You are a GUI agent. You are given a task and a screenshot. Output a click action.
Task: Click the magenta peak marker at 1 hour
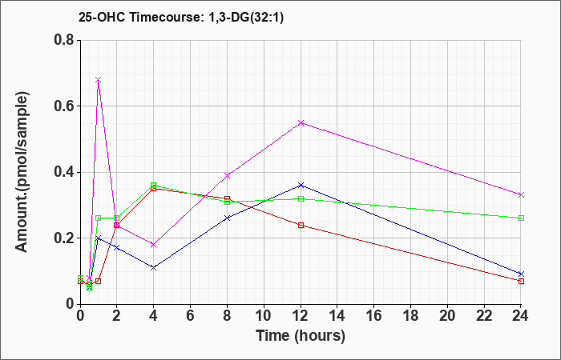pos(98,80)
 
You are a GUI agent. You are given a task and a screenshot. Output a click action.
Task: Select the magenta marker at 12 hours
pos(301,122)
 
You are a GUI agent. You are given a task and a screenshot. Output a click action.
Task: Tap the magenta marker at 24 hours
pos(521,194)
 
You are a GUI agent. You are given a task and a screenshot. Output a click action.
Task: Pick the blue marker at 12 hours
pos(301,185)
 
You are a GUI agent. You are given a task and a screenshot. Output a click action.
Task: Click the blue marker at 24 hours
pos(521,274)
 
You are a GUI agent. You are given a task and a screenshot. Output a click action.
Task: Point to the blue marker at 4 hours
pos(153,267)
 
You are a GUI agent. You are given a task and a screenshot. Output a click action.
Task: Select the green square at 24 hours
pos(521,218)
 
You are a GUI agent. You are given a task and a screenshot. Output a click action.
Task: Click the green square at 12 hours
pos(301,198)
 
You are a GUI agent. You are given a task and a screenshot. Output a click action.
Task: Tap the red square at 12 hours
pos(301,225)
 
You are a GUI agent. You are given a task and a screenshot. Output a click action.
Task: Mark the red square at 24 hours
pos(521,281)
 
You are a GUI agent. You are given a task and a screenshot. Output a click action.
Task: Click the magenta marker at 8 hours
pos(227,175)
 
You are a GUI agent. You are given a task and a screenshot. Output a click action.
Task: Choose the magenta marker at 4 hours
pos(153,244)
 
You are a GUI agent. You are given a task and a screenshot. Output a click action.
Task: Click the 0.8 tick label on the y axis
pos(63,40)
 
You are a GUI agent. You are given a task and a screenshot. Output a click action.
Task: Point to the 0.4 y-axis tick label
pos(63,172)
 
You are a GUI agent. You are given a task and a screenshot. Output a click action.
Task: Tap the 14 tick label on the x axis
pos(337,317)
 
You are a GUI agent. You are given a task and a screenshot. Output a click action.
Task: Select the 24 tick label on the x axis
pos(521,317)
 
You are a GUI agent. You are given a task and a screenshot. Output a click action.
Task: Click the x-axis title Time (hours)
pos(301,336)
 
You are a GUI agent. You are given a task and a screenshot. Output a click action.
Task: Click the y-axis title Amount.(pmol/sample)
pos(23,172)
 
